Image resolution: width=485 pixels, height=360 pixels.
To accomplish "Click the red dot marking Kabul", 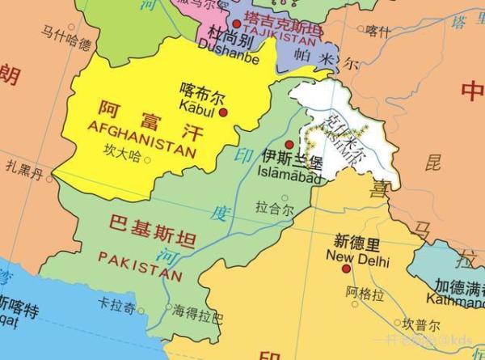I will [224, 112].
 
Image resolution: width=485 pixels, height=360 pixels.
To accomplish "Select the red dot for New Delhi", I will [345, 269].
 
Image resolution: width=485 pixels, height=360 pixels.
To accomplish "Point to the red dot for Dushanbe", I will [237, 25].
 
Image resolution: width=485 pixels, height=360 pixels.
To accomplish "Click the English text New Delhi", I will [357, 260].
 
